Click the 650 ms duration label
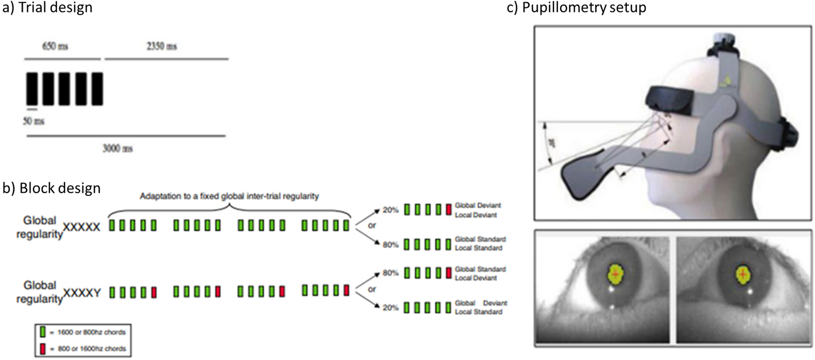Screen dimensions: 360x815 (55, 46)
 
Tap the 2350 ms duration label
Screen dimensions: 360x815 (161, 46)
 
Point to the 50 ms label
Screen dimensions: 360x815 (34, 121)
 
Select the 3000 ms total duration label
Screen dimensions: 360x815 (117, 148)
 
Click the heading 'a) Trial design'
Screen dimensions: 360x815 (47, 7)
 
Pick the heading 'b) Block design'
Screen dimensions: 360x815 (52, 188)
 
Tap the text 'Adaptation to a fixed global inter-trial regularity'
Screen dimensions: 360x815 (229, 196)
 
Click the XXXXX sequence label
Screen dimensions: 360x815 (82, 227)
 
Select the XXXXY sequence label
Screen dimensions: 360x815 (82, 293)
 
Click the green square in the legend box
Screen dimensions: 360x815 (43, 332)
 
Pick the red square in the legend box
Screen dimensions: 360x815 (43, 348)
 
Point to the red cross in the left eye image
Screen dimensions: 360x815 (615, 274)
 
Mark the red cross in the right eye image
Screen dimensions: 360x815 (742, 274)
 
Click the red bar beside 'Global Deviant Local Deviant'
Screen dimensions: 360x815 (449, 210)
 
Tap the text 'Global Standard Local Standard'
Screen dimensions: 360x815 (480, 243)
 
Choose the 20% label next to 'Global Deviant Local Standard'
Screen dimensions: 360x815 (390, 307)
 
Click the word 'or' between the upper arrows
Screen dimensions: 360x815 (372, 226)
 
